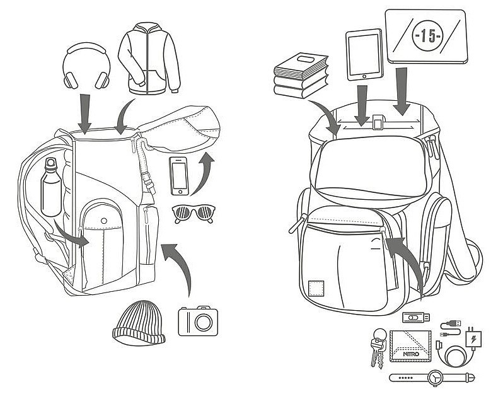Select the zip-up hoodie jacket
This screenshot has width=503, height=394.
tap(149, 61)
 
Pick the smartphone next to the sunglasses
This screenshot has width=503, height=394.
tap(180, 176)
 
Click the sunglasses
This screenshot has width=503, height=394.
tap(192, 213)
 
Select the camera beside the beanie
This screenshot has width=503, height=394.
tap(198, 322)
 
